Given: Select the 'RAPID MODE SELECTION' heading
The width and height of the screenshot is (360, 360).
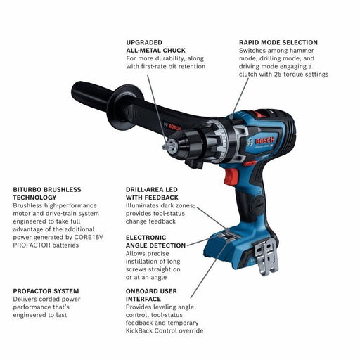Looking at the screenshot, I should (278, 42).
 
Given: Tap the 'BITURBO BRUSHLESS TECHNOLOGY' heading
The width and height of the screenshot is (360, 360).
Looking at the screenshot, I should (47, 194).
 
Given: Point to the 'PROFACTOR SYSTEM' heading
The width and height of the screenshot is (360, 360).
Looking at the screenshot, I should (46, 290).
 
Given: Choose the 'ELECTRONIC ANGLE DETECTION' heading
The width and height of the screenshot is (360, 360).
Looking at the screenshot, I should (156, 241).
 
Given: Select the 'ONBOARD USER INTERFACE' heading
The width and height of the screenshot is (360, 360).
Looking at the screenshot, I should (152, 295).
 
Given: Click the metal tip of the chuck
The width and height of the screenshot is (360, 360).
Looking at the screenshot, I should (165, 147).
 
